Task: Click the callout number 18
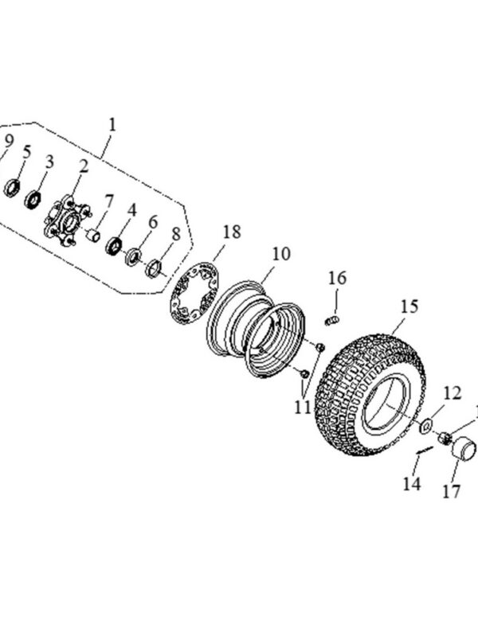(232, 232)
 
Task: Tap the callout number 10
(281, 254)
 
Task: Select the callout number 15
(409, 306)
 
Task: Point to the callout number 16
(338, 279)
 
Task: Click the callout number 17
(451, 492)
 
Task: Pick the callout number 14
(412, 484)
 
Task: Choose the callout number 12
(452, 393)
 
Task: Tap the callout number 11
(302, 408)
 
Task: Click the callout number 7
(109, 201)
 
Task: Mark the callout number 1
(112, 124)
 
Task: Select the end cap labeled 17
(464, 449)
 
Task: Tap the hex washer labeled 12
(425, 427)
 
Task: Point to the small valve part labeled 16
(332, 321)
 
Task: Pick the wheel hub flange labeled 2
(67, 220)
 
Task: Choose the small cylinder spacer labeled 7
(93, 236)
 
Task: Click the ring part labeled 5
(12, 188)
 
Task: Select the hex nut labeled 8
(154, 268)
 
